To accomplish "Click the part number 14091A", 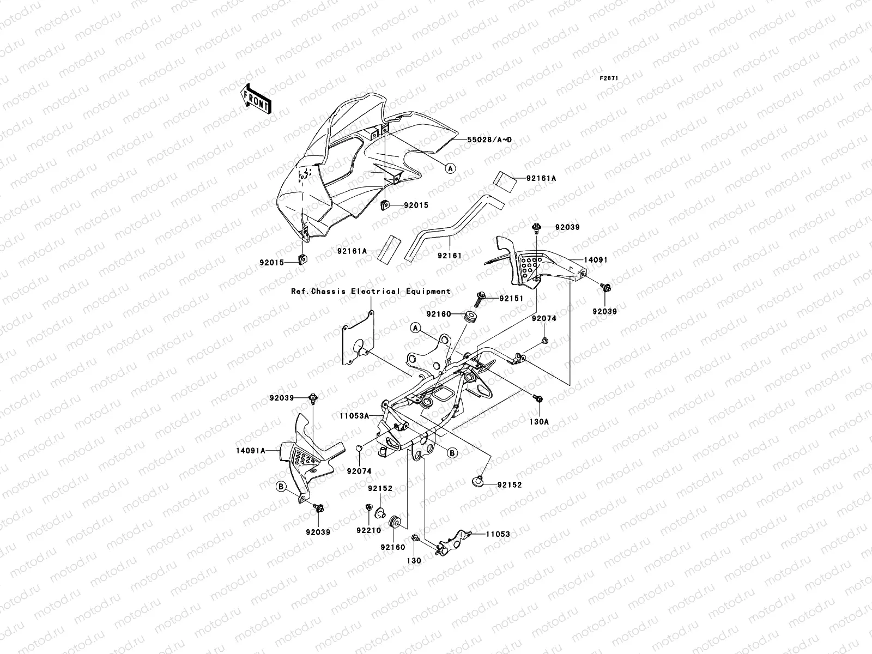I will click(x=251, y=451).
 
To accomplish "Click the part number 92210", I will click(x=369, y=530).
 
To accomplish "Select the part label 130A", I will click(x=539, y=421).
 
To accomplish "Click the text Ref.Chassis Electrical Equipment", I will click(x=371, y=292).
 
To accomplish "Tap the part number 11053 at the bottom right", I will click(x=498, y=534).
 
